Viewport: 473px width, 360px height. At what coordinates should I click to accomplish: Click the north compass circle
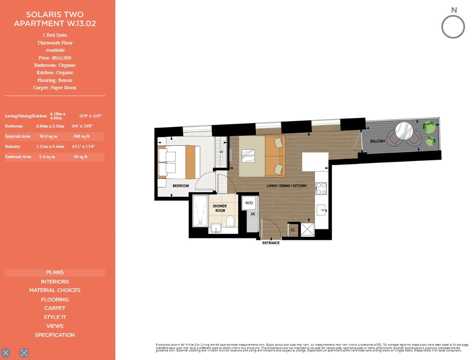coord(453,27)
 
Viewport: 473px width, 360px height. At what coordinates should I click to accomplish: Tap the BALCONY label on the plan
coord(378,141)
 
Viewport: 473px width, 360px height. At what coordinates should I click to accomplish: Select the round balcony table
coord(404,131)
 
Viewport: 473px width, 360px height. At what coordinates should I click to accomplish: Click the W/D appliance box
coord(249,203)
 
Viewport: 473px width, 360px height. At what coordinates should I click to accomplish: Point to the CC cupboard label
coord(293,230)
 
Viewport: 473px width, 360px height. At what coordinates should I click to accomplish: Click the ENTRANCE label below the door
coord(271,243)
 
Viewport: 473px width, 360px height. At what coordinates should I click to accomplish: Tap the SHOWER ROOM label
coord(220,208)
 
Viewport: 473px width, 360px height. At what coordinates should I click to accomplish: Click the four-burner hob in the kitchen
coord(321,189)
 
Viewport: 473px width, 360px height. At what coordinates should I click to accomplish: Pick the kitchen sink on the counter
coord(322,210)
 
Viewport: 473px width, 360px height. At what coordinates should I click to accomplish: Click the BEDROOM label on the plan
coord(180,186)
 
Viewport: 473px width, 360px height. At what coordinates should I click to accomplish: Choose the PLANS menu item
coord(55,272)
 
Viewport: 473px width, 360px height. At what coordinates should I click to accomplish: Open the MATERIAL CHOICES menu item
coord(55,290)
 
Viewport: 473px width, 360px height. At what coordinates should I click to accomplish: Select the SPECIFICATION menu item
coord(55,335)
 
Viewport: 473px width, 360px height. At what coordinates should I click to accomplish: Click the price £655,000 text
coord(55,58)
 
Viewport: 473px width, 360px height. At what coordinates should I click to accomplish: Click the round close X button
coord(6,353)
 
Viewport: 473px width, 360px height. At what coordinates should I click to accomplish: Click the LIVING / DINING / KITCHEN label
coord(286,186)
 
